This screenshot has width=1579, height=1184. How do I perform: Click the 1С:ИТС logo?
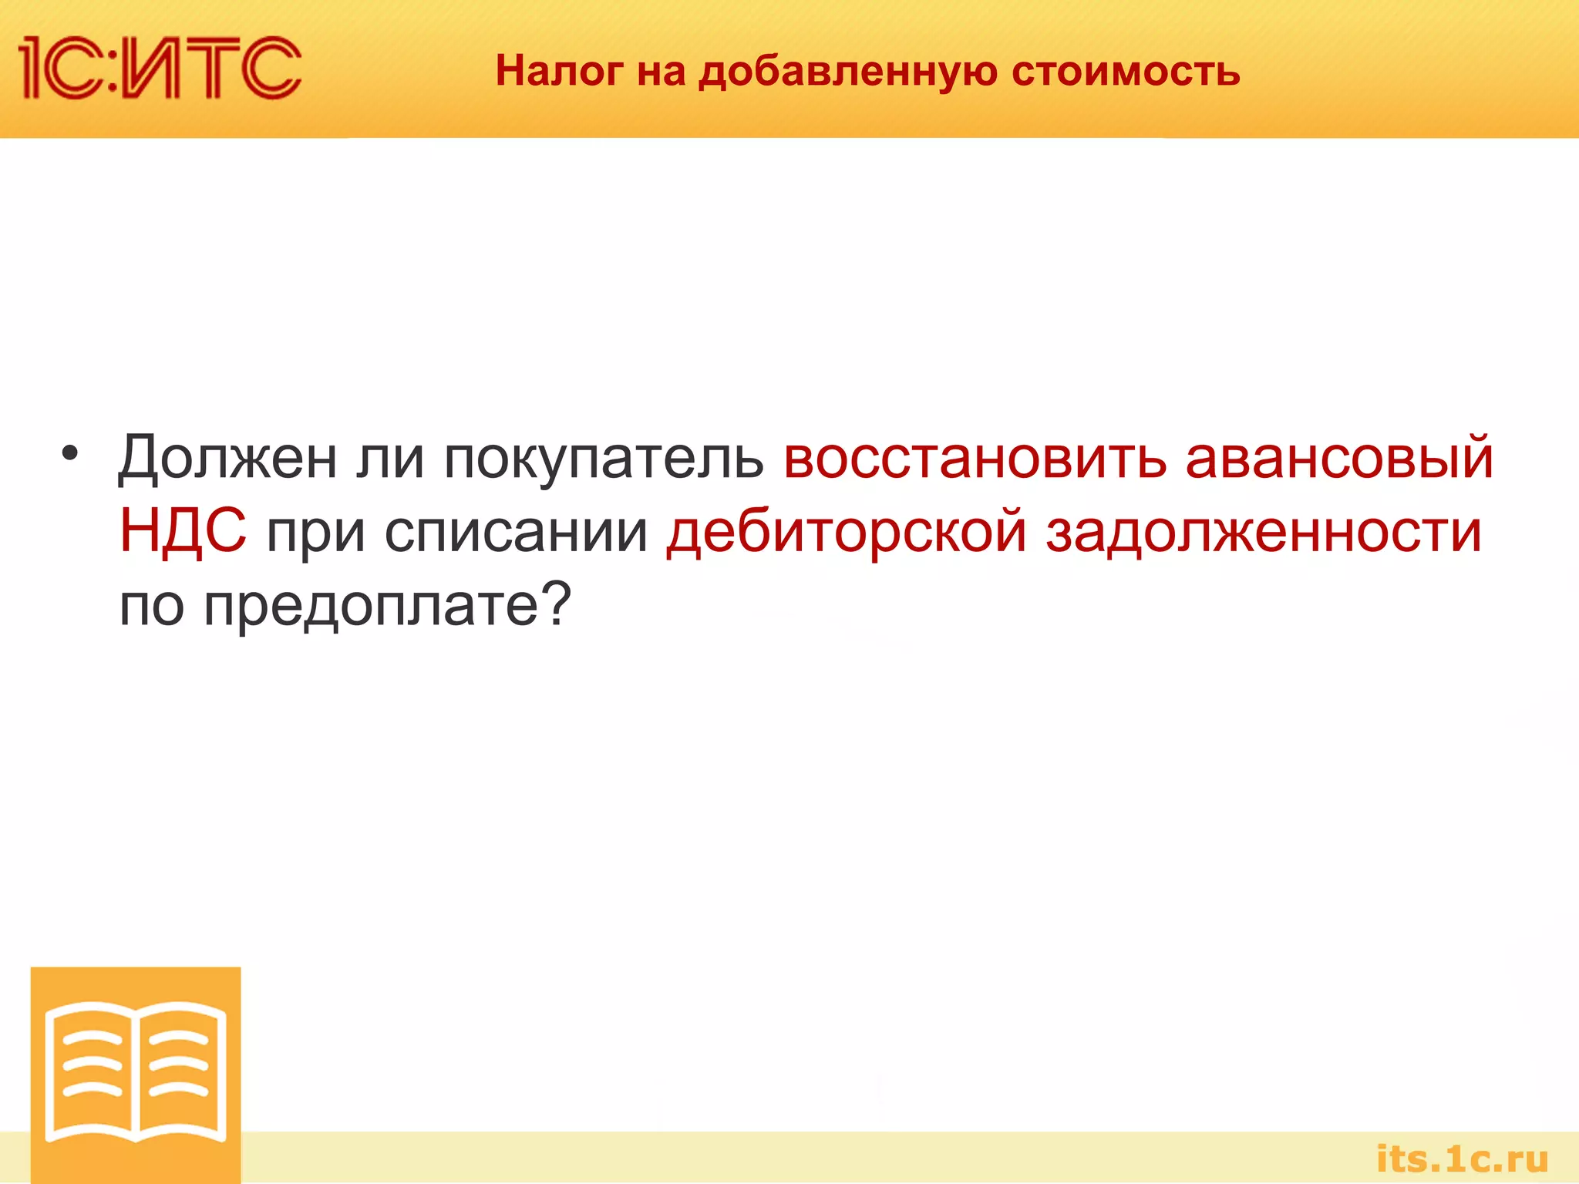160,68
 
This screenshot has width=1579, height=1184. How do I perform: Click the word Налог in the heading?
559,71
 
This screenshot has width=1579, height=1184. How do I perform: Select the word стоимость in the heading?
1126,71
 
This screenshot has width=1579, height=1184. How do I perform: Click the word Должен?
227,459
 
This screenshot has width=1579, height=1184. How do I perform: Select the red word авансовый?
1339,459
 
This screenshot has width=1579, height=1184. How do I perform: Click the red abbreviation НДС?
183,531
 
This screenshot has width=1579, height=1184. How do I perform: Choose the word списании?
516,531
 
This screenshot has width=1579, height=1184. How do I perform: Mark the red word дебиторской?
847,531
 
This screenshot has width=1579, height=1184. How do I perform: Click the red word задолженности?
1263,533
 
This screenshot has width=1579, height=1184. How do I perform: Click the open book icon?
136,1072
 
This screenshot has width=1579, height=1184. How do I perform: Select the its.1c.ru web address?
1462,1159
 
